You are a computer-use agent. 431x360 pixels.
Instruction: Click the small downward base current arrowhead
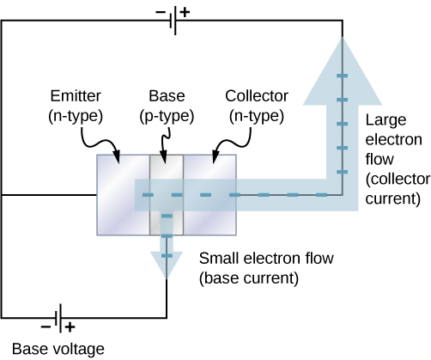click(167, 265)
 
